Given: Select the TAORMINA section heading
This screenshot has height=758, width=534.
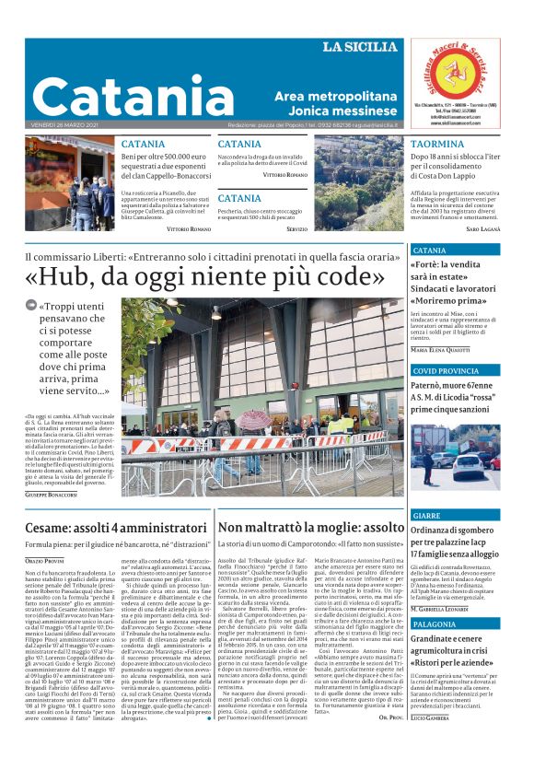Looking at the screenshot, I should point(437,145).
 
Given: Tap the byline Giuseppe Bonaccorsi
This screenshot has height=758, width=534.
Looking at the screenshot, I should point(51,495).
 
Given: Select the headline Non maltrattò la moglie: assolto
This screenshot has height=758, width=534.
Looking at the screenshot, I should point(297,528).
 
